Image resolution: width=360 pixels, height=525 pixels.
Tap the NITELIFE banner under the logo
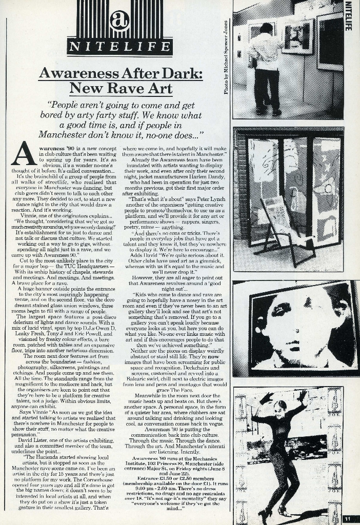click(119, 47)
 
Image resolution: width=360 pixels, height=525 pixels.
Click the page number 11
click(348, 518)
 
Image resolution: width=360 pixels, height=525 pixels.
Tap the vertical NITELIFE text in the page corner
click(349, 15)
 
